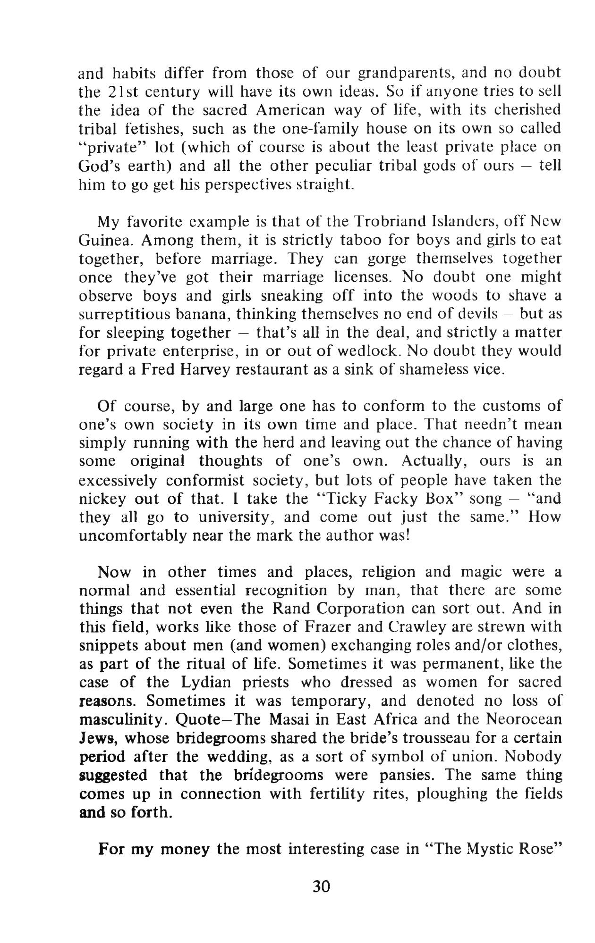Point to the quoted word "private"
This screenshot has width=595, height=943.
click(x=110, y=147)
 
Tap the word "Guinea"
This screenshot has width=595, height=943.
click(x=105, y=240)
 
